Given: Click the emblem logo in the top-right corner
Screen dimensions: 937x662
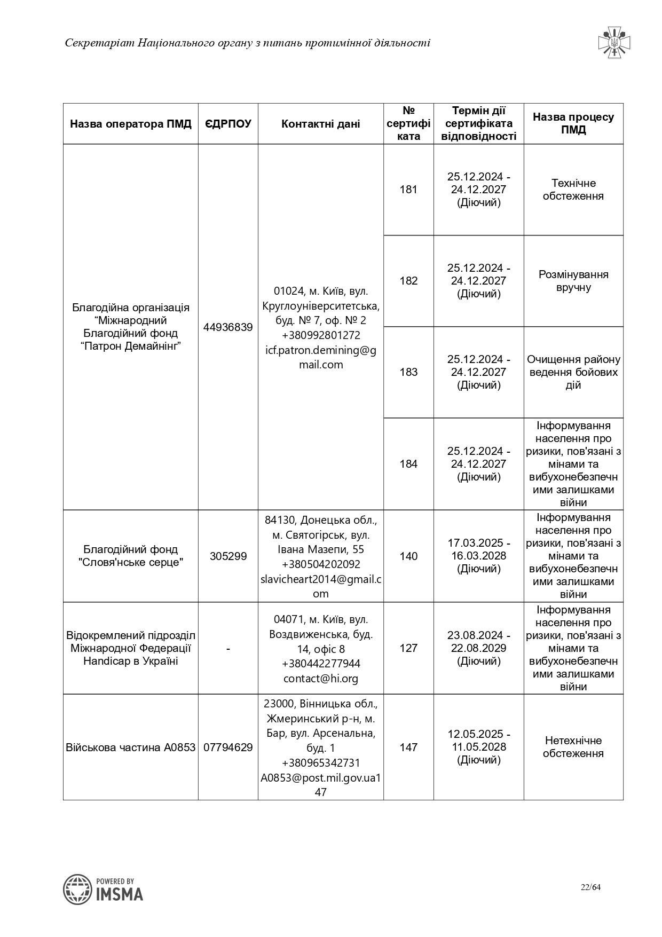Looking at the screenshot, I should click(x=614, y=42).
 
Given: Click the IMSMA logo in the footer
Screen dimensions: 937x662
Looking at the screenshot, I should click(x=103, y=889).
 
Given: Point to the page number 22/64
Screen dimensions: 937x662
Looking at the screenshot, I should click(x=591, y=887).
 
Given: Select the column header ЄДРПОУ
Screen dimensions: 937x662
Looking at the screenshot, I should click(x=228, y=124).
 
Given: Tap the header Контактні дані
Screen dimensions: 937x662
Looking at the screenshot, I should click(x=320, y=124).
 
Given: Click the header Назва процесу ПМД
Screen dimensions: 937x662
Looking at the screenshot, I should click(x=573, y=123).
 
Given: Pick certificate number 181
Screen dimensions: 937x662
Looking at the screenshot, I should click(x=408, y=190).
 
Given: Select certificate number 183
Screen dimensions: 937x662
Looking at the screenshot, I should click(x=408, y=372).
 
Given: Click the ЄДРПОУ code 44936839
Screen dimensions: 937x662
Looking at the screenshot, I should click(x=228, y=327).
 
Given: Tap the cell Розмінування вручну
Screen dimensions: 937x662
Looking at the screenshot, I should click(x=573, y=281).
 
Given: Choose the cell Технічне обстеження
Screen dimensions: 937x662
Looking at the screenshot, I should click(x=573, y=190).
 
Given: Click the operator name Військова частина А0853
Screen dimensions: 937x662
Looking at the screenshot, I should click(x=131, y=747).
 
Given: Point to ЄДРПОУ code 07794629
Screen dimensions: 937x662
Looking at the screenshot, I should click(x=228, y=747).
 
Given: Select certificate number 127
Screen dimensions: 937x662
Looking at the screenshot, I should click(x=408, y=648).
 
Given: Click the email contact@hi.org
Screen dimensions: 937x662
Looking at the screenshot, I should click(x=320, y=679).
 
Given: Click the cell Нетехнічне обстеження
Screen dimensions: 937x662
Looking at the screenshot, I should click(x=573, y=747).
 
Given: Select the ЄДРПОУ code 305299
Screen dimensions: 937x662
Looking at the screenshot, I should click(x=228, y=556).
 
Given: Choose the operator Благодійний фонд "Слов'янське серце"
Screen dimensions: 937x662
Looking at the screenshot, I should click(x=131, y=556).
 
